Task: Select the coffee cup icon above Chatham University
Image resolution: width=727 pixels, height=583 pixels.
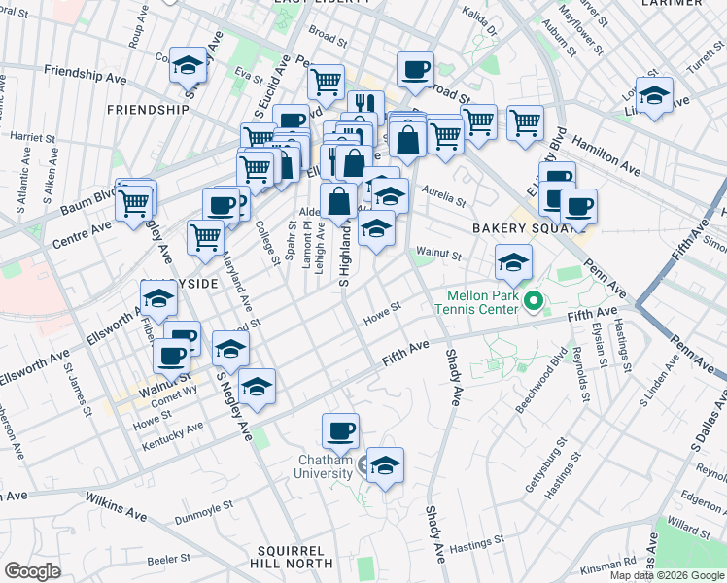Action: pyautogui.click(x=340, y=429)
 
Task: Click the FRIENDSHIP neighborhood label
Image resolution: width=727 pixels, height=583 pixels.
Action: pyautogui.click(x=149, y=109)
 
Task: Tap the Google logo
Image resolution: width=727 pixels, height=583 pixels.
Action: pyautogui.click(x=32, y=570)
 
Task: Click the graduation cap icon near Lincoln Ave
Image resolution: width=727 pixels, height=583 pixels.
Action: pyautogui.click(x=654, y=95)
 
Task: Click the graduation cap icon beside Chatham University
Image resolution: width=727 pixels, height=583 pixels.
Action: pyautogui.click(x=385, y=464)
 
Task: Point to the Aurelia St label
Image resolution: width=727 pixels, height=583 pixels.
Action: pyautogui.click(x=442, y=201)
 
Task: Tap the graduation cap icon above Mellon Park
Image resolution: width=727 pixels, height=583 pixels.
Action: pyautogui.click(x=513, y=261)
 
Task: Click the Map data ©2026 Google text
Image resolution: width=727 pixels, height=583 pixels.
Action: pyautogui.click(x=667, y=574)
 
